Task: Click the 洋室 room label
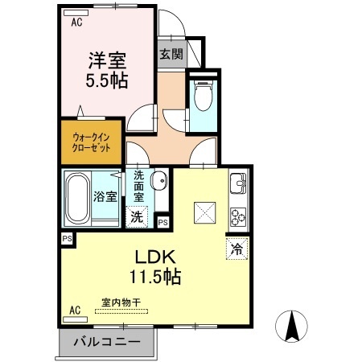coord(107,60)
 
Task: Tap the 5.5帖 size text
coord(107,80)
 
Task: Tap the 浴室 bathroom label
coord(105,195)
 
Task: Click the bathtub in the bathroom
coord(76,198)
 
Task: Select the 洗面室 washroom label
coord(139,187)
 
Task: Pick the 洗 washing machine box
coord(138,216)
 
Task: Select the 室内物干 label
coord(120,302)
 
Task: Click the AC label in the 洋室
coord(76,23)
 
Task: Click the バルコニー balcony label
coord(108,342)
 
